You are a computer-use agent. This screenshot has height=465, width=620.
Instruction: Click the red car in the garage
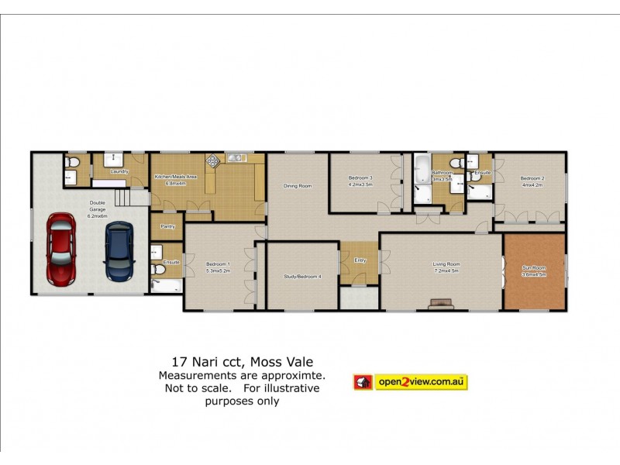click(x=60, y=249)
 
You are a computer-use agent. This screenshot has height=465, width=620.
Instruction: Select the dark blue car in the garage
click(x=119, y=252)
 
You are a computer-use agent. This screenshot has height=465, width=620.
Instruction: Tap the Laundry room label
click(x=119, y=170)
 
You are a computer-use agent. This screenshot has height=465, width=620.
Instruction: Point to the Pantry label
click(x=167, y=226)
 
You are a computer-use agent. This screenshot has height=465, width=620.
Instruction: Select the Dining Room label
click(x=297, y=185)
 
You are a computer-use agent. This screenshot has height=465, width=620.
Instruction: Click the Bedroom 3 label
click(x=361, y=177)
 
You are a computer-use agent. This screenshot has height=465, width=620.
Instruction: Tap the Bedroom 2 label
click(x=532, y=178)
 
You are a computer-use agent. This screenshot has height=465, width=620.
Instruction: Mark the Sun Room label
click(x=534, y=268)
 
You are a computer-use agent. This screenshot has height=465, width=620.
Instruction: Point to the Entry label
click(x=360, y=260)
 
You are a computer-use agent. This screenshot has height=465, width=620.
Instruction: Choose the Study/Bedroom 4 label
click(x=302, y=277)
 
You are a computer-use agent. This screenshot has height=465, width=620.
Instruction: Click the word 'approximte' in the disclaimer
click(x=296, y=375)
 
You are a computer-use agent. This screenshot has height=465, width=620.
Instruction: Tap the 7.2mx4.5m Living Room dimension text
click(x=446, y=271)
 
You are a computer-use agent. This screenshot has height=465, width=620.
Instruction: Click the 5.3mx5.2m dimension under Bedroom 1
click(x=219, y=271)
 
